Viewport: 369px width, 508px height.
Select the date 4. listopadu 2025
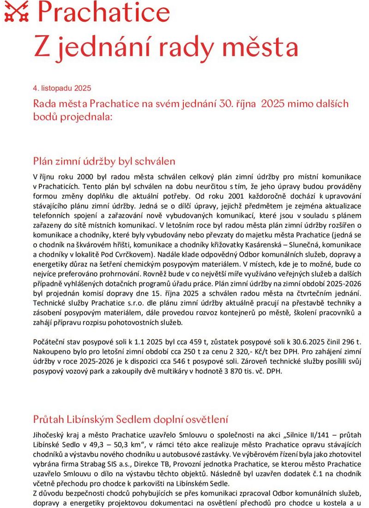coord(62,88)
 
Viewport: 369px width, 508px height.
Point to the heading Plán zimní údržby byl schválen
coord(104,161)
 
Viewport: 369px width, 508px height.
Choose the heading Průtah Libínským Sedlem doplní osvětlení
coord(131,419)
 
